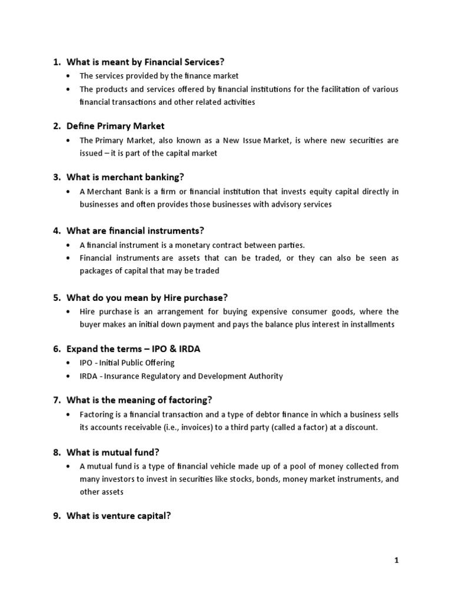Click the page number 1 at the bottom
click(397, 561)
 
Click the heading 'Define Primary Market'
click(115, 126)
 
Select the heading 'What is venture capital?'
click(119, 516)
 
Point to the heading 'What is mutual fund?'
click(113, 452)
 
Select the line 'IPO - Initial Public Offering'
click(127, 363)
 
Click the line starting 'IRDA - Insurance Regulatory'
click(181, 376)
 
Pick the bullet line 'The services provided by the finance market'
click(159, 76)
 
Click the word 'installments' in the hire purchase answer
click(374, 324)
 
